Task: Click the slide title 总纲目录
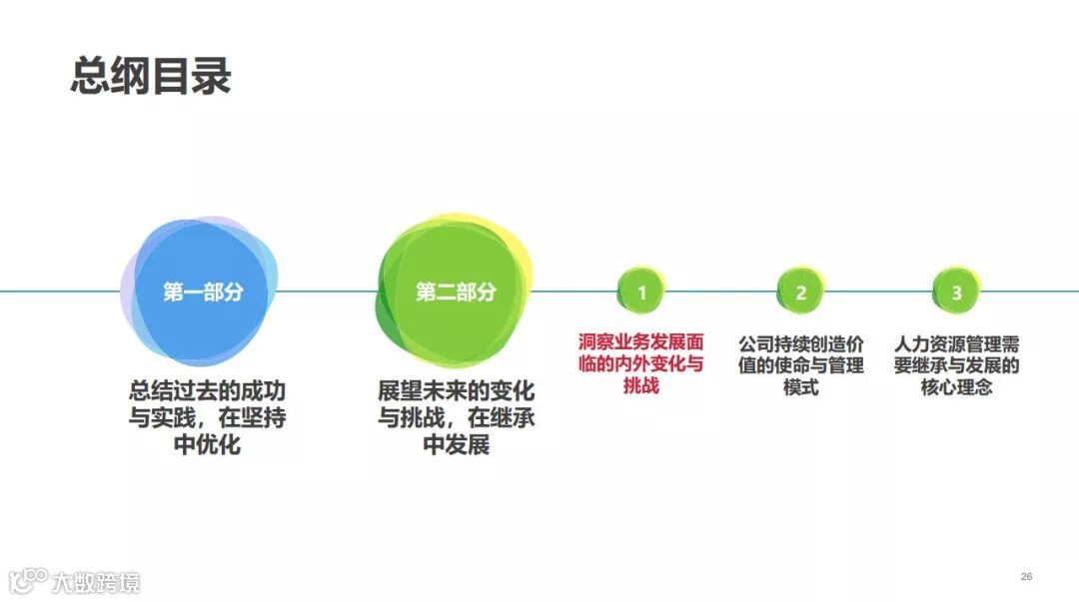(x=151, y=76)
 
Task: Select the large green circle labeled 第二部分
(x=455, y=292)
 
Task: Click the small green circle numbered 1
(x=641, y=293)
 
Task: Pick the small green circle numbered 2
(x=800, y=293)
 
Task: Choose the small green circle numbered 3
(x=956, y=293)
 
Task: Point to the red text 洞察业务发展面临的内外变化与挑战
(x=641, y=363)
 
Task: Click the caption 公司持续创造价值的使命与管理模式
(x=800, y=364)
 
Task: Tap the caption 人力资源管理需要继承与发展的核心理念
(x=956, y=364)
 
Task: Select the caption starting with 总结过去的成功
(x=207, y=416)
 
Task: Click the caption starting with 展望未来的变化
(x=456, y=416)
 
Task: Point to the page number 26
(x=1026, y=577)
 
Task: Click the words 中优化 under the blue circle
(x=207, y=444)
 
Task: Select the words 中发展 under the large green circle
(x=456, y=444)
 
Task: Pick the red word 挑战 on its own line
(x=641, y=385)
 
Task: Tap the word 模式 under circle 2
(x=800, y=386)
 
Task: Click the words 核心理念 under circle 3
(x=956, y=386)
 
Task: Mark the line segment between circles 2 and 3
(x=877, y=292)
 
